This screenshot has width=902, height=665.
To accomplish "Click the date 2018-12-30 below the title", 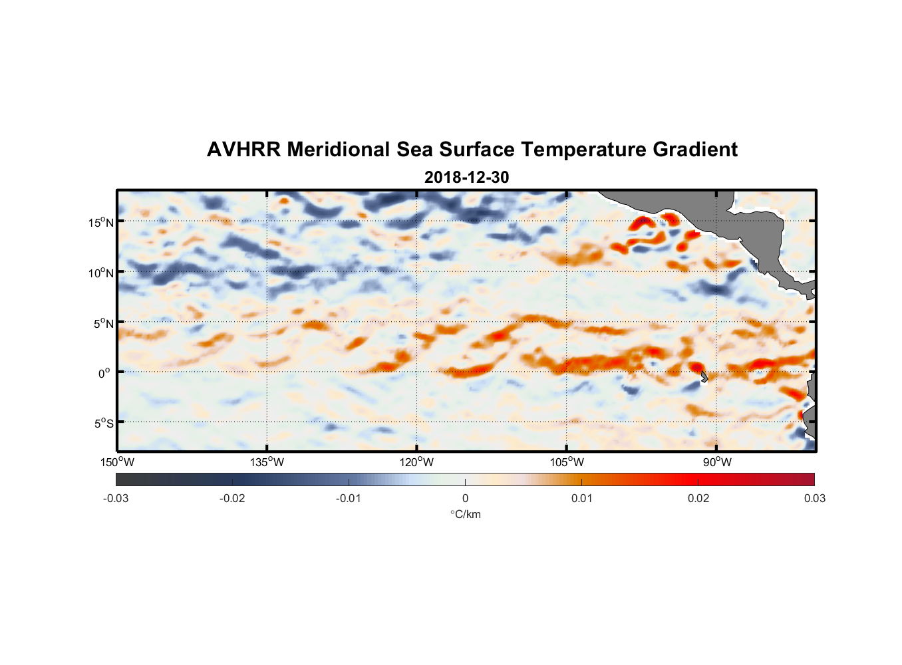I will point(466,178).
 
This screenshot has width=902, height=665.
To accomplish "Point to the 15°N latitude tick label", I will point(101,222).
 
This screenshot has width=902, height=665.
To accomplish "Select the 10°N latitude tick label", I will point(101,273).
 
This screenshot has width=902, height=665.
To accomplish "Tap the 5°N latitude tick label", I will point(103,323).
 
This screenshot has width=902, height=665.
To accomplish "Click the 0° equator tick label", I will point(104,373).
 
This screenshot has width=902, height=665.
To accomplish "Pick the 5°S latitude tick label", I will point(103,424).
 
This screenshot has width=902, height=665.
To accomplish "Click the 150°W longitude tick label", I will point(117,462).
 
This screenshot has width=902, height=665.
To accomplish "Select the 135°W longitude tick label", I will point(267,462).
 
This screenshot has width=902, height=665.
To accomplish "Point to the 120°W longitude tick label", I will point(416,462).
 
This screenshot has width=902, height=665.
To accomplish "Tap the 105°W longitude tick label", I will point(567,462).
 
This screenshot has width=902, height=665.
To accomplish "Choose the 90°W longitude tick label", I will point(717,462).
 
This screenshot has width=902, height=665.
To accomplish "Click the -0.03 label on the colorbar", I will point(116,498).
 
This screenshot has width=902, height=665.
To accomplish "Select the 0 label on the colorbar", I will point(465,498).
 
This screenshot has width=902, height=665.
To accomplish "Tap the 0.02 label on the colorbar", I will point(698,498).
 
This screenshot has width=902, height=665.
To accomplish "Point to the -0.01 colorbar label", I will point(349,498).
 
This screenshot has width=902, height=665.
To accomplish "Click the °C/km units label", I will point(465,514).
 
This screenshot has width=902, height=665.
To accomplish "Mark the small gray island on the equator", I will point(704,376).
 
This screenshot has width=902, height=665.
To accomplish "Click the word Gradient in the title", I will point(695,150).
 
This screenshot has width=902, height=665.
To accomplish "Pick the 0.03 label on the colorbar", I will point(814,498).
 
